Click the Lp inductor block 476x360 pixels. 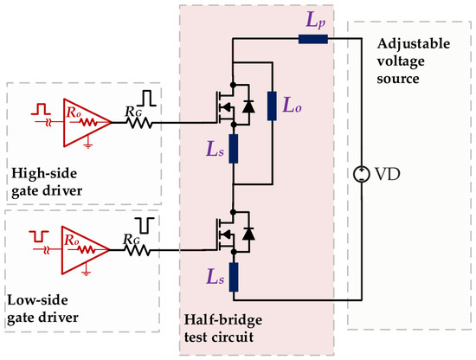pyautogui.click(x=313, y=39)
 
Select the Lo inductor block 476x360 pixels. pyautogui.click(x=272, y=106)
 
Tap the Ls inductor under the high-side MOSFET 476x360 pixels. pyautogui.click(x=233, y=149)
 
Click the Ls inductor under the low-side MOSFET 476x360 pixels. pyautogui.click(x=233, y=278)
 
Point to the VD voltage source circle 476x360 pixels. pyautogui.click(x=361, y=174)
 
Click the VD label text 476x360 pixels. pyautogui.click(x=388, y=174)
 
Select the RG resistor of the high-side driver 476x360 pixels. pyautogui.click(x=139, y=123)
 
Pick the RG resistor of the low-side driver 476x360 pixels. pyautogui.click(x=138, y=250)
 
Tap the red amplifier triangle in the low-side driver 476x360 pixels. pyautogui.click(x=86, y=250)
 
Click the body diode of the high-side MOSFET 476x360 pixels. pyautogui.click(x=248, y=106)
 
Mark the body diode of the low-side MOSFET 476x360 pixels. pyautogui.click(x=248, y=234)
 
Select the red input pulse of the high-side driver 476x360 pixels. pyautogui.click(x=41, y=109)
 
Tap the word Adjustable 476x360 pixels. pyautogui.click(x=414, y=44)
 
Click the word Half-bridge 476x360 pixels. pyautogui.click(x=223, y=320)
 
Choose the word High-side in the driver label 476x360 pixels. pyautogui.click(x=44, y=174)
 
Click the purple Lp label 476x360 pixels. pyautogui.click(x=316, y=22)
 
